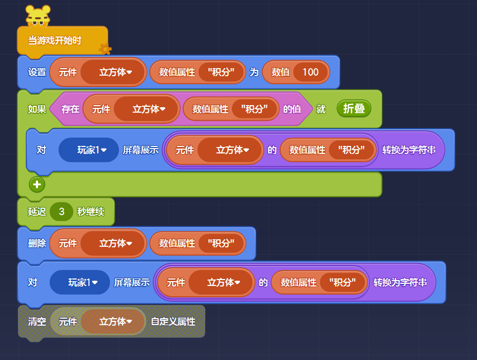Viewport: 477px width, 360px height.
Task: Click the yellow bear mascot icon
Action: (38, 16)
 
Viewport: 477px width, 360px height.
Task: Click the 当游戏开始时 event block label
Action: (55, 40)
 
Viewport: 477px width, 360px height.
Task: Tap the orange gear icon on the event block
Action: (105, 49)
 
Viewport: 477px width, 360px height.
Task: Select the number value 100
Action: (310, 72)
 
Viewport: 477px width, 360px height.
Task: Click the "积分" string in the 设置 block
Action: (220, 72)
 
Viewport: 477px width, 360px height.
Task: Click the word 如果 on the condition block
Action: (37, 109)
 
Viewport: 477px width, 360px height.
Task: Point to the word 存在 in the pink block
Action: (70, 109)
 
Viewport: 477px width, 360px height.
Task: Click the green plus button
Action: (37, 185)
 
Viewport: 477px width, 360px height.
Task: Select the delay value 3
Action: (62, 211)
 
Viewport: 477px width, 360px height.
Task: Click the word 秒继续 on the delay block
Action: (91, 211)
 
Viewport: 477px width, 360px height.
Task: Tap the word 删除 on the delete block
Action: (37, 243)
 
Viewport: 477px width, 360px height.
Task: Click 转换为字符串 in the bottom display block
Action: (400, 282)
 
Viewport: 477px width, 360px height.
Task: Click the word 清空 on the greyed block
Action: (37, 322)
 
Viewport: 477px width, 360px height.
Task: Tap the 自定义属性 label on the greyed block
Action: (173, 322)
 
